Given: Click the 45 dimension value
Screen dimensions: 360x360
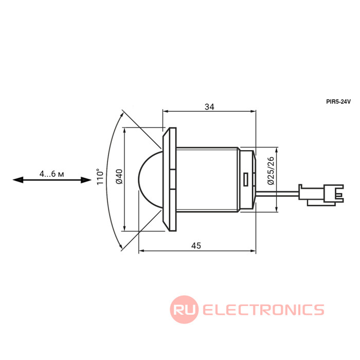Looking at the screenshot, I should click(x=196, y=246).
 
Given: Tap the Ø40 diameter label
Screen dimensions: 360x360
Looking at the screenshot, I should click(x=119, y=178).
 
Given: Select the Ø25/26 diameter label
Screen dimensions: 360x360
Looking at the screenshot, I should click(x=271, y=172).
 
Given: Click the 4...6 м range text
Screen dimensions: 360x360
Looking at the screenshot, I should click(x=51, y=174).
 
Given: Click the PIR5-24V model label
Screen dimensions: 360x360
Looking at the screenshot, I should click(x=338, y=102).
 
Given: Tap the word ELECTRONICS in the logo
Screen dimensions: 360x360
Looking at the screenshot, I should click(x=263, y=310).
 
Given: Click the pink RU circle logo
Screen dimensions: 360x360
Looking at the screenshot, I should click(x=184, y=310).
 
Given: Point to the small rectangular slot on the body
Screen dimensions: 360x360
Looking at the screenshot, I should click(x=246, y=179).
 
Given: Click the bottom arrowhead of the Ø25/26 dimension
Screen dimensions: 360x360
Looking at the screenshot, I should click(x=277, y=209).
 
